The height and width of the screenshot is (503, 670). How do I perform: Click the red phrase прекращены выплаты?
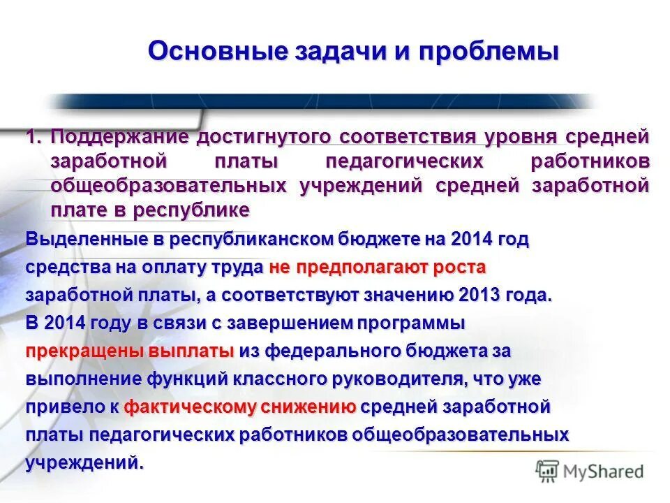[x=130, y=351]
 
